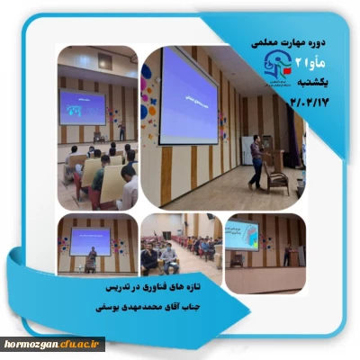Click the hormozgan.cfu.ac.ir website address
click(x=53, y=344)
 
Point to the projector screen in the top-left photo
click(x=83, y=106)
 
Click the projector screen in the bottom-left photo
click(x=90, y=240)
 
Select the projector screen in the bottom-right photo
click(x=241, y=234)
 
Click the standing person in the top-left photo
click(x=122, y=131)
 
